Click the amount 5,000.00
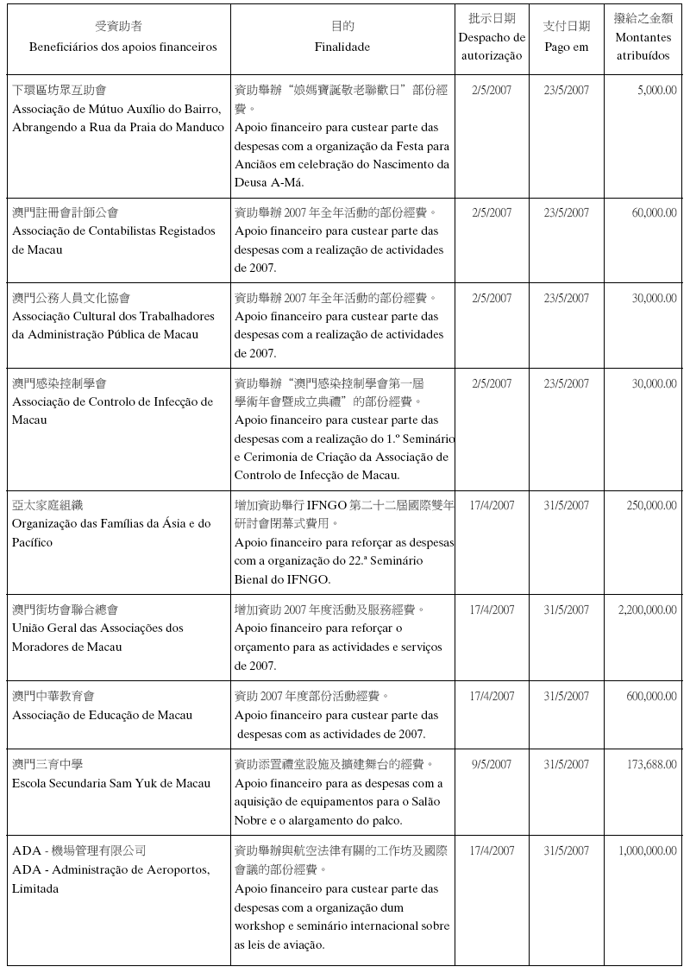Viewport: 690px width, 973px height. tap(656, 90)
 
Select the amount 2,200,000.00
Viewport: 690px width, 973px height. tap(647, 610)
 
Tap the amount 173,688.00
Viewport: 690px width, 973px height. tap(650, 764)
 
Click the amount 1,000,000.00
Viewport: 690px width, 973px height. tap(647, 850)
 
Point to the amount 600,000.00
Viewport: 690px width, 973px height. tap(651, 696)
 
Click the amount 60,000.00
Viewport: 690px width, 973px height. tap(654, 212)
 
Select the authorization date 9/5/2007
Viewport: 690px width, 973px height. tap(492, 764)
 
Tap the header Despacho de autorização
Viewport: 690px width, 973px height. tap(492, 47)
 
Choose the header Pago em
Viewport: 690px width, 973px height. tap(567, 47)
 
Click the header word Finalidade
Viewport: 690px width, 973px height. tap(342, 47)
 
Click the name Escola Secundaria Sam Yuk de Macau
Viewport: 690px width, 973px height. tap(111, 783)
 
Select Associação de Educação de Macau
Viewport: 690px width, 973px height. tap(102, 715)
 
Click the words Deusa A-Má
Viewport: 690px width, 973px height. tap(269, 182)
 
